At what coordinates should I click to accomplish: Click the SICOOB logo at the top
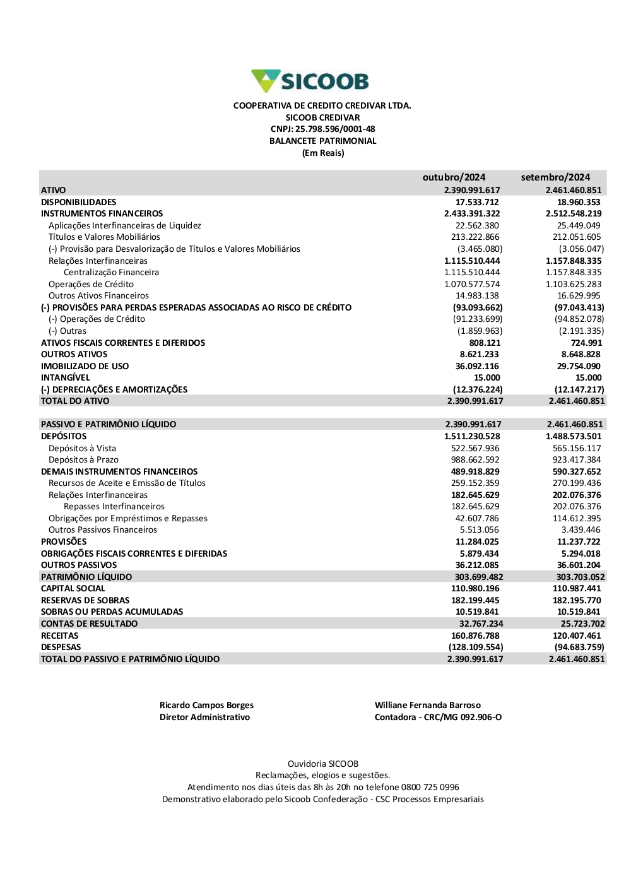pyautogui.click(x=310, y=81)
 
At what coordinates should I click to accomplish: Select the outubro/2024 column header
pyautogui.click(x=454, y=177)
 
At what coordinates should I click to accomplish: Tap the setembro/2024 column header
pyautogui.click(x=555, y=177)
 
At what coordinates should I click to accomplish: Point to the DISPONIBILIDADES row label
pyautogui.click(x=78, y=202)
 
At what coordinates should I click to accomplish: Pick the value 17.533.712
pyautogui.click(x=477, y=202)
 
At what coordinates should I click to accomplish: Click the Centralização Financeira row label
pyautogui.click(x=111, y=273)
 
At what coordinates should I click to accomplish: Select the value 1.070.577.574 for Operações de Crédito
pyautogui.click(x=472, y=284)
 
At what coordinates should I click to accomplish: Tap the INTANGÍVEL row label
pyautogui.click(x=65, y=378)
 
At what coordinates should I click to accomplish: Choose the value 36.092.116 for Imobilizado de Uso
pyautogui.click(x=477, y=366)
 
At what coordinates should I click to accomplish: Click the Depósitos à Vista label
pyautogui.click(x=82, y=448)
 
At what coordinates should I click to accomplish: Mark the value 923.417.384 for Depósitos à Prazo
pyautogui.click(x=577, y=460)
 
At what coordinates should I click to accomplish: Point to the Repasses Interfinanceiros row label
pyautogui.click(x=114, y=507)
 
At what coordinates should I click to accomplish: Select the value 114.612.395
pyautogui.click(x=577, y=519)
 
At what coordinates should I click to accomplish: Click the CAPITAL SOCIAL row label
pyautogui.click(x=73, y=589)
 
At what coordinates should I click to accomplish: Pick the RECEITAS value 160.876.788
pyautogui.click(x=475, y=636)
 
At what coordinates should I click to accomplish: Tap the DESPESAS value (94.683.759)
pyautogui.click(x=579, y=648)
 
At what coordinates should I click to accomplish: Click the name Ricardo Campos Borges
pyautogui.click(x=206, y=706)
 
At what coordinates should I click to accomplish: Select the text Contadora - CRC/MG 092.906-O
pyautogui.click(x=438, y=718)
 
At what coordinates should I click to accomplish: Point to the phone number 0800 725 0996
pyautogui.click(x=430, y=788)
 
